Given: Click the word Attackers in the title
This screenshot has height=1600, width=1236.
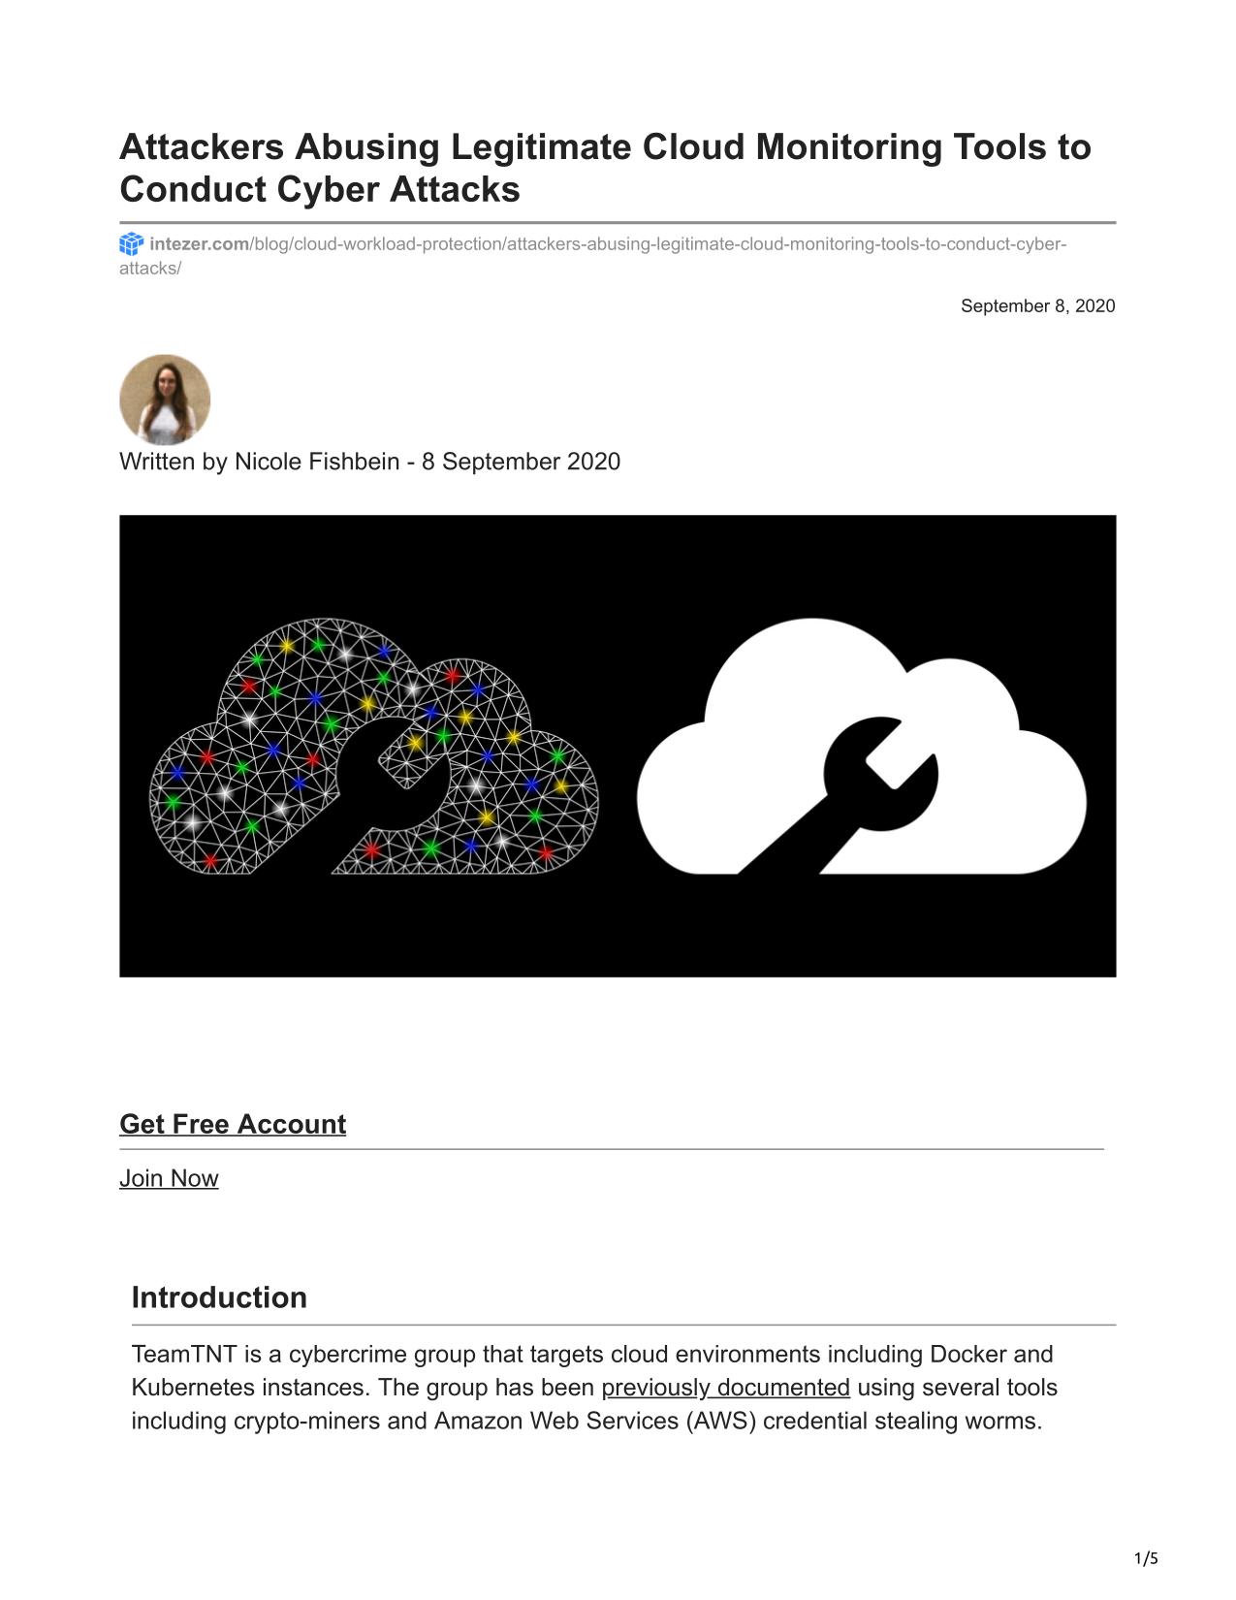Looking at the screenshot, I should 202,147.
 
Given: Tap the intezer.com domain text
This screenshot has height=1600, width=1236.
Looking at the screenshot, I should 199,243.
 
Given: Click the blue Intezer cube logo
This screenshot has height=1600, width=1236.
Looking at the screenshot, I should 131,243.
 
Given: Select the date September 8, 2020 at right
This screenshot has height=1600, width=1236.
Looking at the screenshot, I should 1037,306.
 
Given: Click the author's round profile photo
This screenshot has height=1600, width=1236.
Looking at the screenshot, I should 165,399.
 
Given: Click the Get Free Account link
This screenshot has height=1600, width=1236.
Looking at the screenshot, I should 233,1124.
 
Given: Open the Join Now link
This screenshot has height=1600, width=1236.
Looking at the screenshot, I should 169,1178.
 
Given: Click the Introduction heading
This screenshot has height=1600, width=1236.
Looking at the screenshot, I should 219,1297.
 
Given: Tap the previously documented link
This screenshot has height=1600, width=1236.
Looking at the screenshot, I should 725,1388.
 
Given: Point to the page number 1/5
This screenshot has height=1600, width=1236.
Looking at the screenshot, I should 1146,1559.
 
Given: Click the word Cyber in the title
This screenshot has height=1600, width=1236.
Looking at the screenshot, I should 328,190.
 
